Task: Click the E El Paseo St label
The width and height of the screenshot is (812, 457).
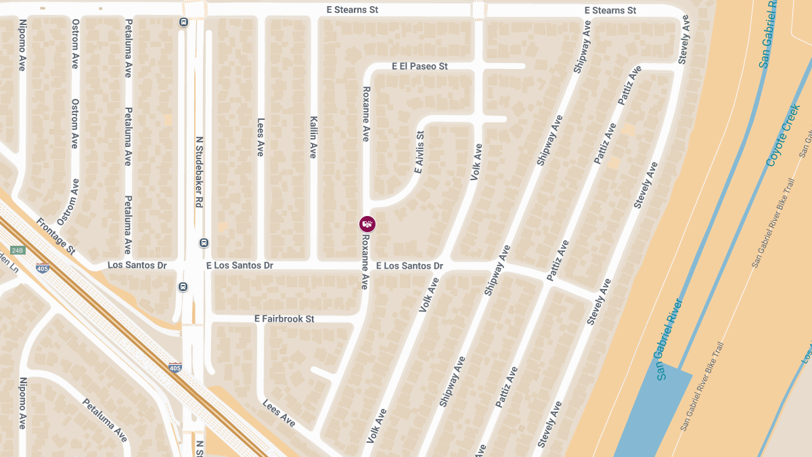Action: click(420, 66)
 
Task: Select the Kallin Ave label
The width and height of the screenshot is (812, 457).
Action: click(313, 137)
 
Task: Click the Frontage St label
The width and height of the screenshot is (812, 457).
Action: click(55, 236)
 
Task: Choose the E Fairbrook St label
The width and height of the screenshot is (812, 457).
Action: click(284, 318)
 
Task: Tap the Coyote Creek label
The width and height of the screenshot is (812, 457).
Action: click(784, 135)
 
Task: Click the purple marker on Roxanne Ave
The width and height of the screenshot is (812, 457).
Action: click(367, 224)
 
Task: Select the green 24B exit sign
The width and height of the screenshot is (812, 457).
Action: click(18, 251)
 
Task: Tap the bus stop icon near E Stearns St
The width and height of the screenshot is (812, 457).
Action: click(183, 22)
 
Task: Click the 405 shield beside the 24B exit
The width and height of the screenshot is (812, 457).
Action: click(43, 268)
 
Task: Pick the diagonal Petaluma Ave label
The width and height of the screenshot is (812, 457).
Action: click(105, 420)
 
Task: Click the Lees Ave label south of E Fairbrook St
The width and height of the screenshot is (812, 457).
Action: click(279, 413)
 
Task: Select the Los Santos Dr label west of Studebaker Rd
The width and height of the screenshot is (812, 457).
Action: click(137, 265)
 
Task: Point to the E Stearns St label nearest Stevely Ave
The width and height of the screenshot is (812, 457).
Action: click(610, 10)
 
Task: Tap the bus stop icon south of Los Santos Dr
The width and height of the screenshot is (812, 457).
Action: click(183, 287)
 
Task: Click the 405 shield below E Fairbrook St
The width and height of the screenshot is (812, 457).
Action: click(175, 368)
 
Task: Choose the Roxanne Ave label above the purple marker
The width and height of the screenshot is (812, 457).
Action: click(366, 114)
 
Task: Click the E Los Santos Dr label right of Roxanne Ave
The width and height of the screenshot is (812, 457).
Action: click(409, 266)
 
